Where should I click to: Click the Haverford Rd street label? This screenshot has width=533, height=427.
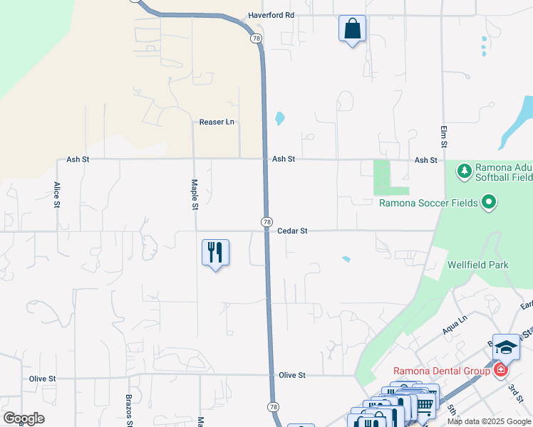271,15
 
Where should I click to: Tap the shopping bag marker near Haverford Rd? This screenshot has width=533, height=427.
352,29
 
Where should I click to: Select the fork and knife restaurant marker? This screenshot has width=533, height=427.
215,253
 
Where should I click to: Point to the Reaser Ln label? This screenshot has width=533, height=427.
217,122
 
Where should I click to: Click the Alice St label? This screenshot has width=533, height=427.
57,194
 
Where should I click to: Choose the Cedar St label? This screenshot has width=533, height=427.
292,231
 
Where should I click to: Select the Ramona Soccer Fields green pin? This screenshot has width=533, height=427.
488,204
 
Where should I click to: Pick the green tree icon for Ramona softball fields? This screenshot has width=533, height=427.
464,171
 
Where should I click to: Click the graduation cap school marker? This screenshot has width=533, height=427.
506,347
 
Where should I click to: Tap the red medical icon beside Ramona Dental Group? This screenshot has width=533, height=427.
500,371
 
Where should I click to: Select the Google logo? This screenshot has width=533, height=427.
24,418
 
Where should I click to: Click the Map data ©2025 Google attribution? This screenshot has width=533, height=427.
489,421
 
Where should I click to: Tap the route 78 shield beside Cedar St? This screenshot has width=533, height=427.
266,223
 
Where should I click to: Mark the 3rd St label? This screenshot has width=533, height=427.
515,391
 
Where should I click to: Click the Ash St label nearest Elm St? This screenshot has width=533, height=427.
425,160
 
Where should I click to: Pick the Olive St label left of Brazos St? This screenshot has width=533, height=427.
42,379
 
